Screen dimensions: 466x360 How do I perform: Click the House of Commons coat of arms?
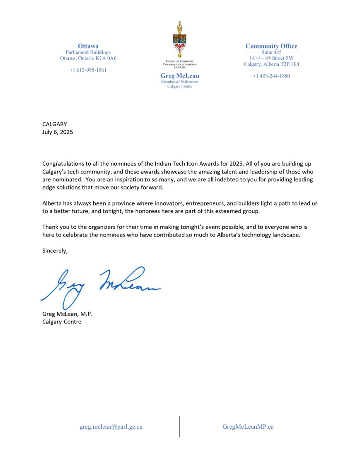(179, 41)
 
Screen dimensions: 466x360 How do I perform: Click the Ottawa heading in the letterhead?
(88, 46)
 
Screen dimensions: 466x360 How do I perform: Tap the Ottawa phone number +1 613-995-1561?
(88, 70)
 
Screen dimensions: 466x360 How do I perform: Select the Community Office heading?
(271, 46)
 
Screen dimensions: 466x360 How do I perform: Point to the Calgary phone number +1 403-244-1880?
(271, 76)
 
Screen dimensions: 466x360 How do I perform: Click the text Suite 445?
(271, 52)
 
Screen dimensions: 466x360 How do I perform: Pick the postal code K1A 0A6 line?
(88, 58)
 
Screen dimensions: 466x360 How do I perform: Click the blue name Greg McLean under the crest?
(179, 76)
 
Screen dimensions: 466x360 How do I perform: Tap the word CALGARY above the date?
(54, 124)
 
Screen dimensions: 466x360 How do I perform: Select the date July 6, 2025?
(57, 133)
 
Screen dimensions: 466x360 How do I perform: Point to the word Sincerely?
(55, 251)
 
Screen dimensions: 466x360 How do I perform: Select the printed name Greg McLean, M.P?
(67, 314)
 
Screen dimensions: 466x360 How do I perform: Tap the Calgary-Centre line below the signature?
(62, 321)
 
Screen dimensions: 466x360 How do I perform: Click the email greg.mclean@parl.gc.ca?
(111, 427)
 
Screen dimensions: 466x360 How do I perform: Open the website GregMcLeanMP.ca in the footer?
(248, 427)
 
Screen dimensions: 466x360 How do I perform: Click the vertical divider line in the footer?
(179, 427)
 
